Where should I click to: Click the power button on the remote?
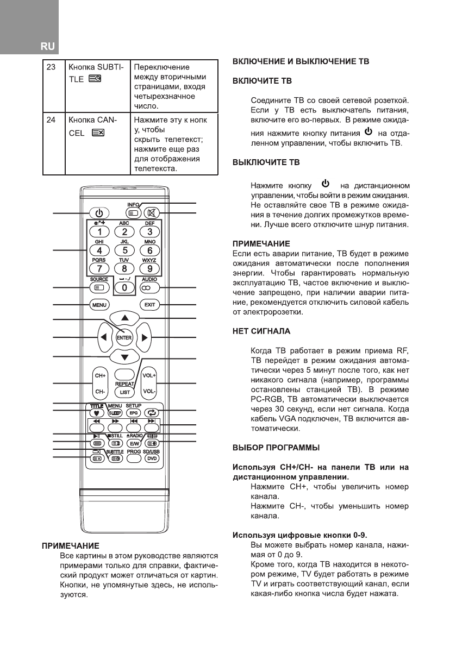point(99,213)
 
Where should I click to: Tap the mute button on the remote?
point(149,213)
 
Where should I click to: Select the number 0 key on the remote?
point(124,287)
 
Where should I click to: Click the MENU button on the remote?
point(99,305)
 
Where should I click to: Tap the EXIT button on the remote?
point(149,305)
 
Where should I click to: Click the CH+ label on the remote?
point(99,375)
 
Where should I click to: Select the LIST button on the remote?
point(124,392)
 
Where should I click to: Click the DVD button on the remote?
point(149,458)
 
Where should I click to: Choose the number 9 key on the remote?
point(149,268)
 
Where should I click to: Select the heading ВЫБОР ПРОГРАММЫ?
point(276,448)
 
